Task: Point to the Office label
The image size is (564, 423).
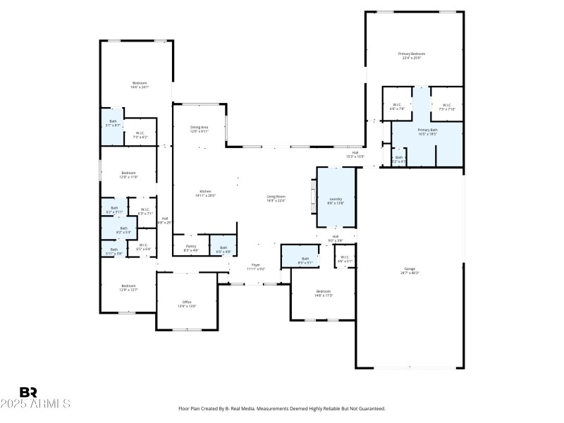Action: [x=187, y=304]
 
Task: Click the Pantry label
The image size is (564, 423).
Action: [x=191, y=248]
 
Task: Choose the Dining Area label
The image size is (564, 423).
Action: [x=200, y=129]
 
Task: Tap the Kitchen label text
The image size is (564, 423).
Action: [x=207, y=192]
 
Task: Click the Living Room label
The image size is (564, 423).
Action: [x=276, y=198]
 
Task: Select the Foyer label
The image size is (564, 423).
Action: [x=256, y=266]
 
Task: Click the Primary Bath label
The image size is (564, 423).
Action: [x=427, y=131]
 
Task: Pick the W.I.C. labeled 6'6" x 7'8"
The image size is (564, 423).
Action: [x=397, y=107]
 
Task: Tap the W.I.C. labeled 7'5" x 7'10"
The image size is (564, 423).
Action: [x=447, y=107]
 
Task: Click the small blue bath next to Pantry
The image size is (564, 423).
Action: [x=223, y=248]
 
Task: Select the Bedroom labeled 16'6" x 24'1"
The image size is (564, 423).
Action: [x=139, y=85]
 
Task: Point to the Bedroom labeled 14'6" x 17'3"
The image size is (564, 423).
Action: [x=324, y=293]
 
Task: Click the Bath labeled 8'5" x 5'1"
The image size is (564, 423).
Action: [x=305, y=260]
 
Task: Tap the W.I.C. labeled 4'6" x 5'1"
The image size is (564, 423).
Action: [x=345, y=259]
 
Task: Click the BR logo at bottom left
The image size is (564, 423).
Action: [x=27, y=392]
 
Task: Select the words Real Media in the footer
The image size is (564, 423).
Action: [x=237, y=408]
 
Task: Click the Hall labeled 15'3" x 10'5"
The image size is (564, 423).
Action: [x=356, y=154]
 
